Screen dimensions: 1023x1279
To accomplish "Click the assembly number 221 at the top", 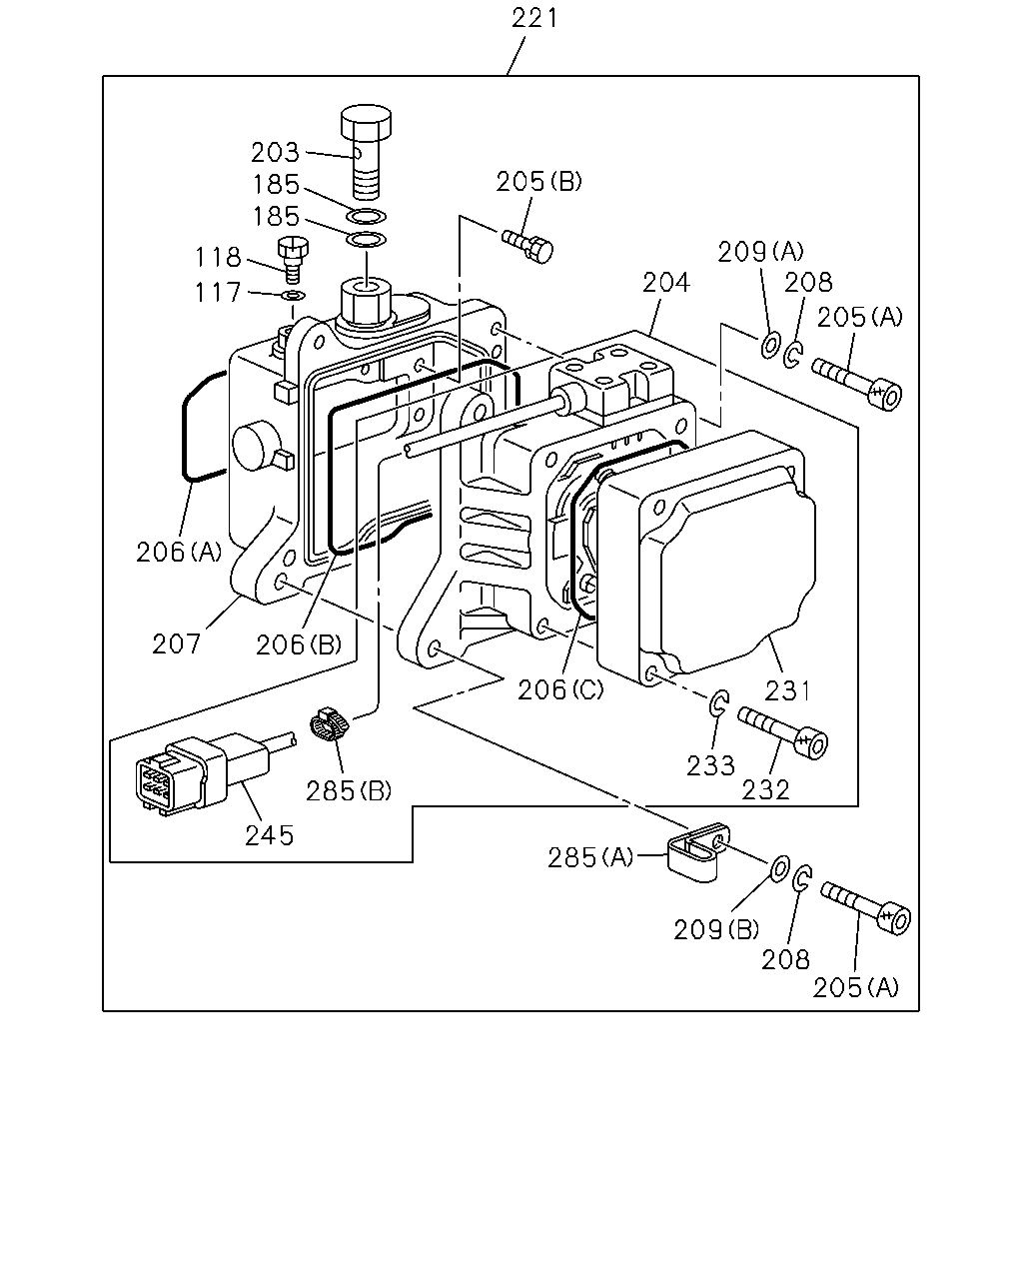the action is click(534, 18).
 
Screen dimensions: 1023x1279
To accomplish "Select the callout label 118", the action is click(218, 258).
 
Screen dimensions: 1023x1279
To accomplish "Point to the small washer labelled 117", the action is click(294, 296).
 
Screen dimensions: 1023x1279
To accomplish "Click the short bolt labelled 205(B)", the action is click(528, 245).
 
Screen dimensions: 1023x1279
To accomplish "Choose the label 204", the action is click(665, 283).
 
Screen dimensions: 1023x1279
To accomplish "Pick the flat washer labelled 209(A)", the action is click(769, 346).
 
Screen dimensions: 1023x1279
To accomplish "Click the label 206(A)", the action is click(179, 553).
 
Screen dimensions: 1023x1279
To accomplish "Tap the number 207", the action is click(176, 644).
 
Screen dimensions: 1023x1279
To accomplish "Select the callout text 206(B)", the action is click(299, 644).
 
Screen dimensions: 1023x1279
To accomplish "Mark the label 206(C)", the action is click(559, 690).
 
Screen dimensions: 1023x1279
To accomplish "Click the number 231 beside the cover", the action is click(787, 691).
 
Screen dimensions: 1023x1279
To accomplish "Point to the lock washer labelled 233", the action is click(718, 703).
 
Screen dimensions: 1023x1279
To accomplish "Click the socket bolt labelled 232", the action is click(783, 731).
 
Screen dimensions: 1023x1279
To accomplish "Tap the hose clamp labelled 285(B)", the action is click(330, 723).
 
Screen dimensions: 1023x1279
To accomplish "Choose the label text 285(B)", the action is click(349, 791).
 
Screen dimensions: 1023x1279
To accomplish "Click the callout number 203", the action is click(275, 153).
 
